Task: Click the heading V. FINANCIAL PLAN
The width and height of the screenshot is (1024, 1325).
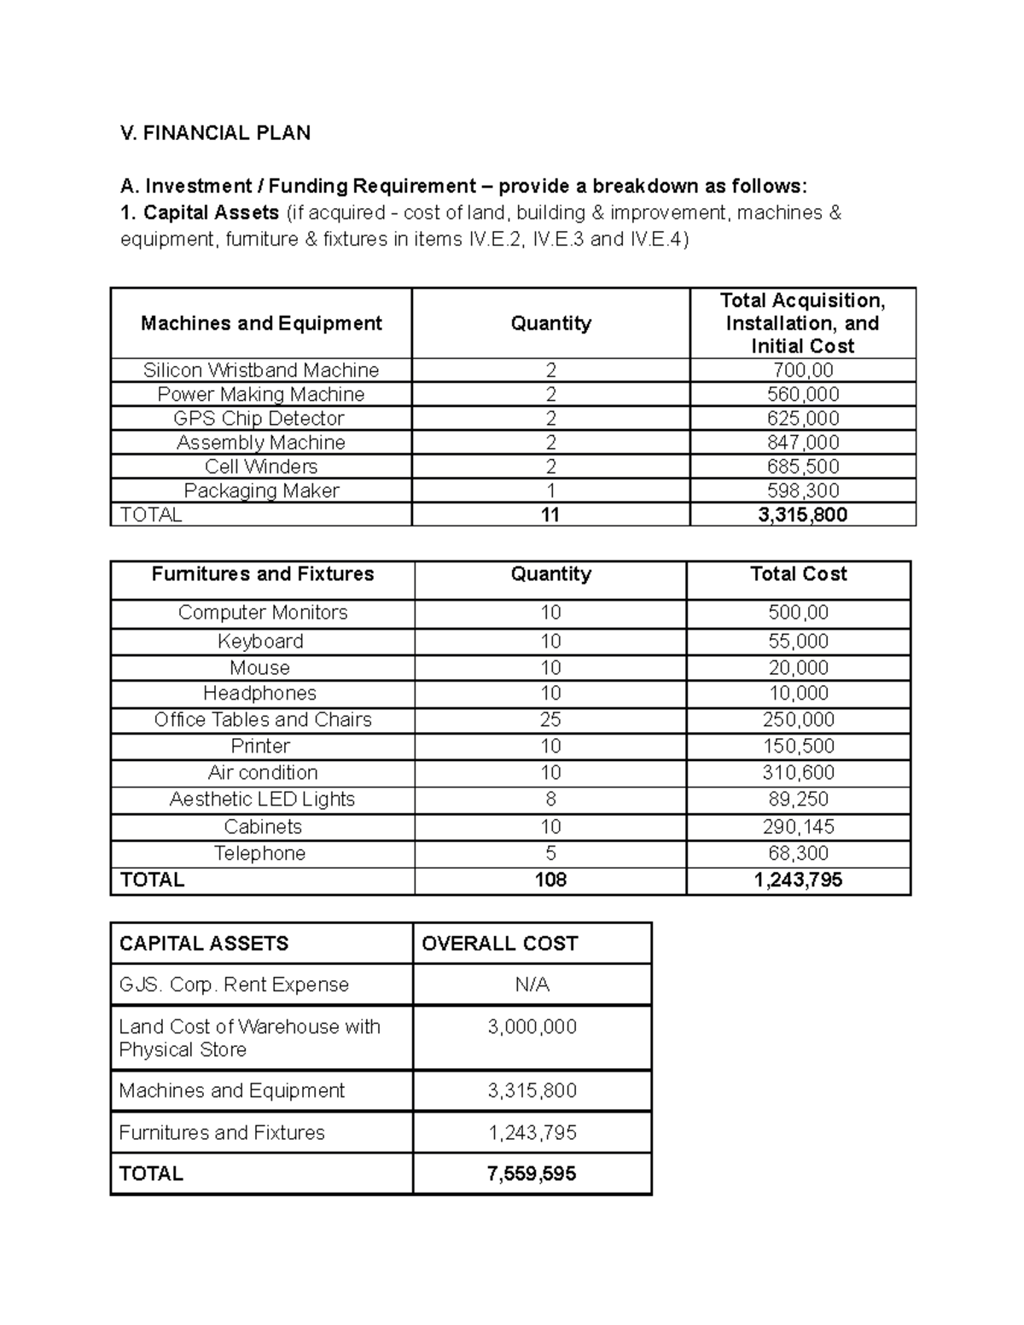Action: coord(215,133)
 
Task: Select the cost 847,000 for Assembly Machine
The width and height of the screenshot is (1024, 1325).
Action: coord(802,443)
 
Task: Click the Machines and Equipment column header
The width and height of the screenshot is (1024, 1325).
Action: coord(261,323)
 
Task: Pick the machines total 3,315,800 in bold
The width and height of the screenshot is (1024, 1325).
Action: coord(802,514)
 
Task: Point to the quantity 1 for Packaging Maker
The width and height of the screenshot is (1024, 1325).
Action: coord(550,491)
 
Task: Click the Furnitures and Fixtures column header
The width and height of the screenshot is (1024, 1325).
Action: coord(263,574)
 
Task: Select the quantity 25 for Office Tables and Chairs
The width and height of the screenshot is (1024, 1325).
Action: coord(550,720)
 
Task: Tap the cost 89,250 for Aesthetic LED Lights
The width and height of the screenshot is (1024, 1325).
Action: coord(799,799)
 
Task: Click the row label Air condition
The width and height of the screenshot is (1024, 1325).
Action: coord(263,773)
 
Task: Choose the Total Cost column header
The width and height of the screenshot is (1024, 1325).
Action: coord(799,574)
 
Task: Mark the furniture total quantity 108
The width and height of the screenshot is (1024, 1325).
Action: coord(550,880)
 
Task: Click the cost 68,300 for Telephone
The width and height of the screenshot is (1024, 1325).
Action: coord(799,853)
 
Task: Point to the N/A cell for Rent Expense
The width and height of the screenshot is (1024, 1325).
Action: coord(532,985)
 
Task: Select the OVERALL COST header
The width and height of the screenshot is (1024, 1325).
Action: coord(499,944)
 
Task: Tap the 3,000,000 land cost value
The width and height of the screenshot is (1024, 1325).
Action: coord(532,1027)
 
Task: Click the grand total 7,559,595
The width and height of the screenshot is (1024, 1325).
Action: coord(532,1174)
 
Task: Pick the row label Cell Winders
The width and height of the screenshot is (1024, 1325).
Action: coord(261,467)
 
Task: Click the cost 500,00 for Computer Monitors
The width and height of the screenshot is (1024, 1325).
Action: coord(799,613)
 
